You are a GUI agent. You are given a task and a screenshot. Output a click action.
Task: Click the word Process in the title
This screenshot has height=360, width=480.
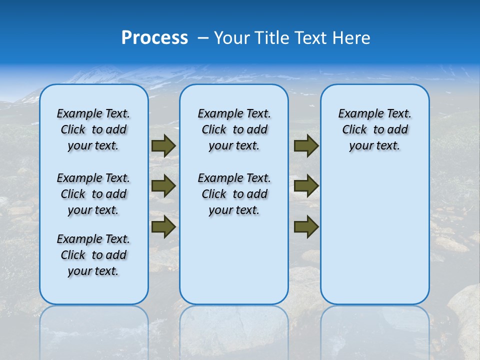tap(154, 38)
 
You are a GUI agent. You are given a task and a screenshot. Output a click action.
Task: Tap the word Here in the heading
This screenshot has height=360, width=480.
tap(351, 38)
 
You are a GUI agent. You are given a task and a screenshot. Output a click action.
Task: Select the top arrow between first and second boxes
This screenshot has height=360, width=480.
tap(163, 145)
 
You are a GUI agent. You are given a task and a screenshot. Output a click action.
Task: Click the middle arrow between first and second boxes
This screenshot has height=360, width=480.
tap(163, 186)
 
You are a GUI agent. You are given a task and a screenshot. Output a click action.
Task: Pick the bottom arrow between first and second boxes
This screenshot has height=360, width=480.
tap(163, 226)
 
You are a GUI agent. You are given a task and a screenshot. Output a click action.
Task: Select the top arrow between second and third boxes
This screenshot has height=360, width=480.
tap(306, 145)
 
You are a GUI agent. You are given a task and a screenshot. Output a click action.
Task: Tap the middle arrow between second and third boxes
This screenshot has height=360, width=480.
tap(306, 186)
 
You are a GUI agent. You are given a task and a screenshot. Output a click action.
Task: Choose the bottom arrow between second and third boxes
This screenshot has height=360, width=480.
tap(306, 226)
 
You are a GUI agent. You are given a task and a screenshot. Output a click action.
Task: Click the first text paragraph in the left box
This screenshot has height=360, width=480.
tap(93, 129)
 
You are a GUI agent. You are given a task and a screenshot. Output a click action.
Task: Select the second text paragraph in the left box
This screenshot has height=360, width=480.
tap(93, 194)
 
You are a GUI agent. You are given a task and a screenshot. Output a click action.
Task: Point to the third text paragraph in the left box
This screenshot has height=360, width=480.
tap(93, 255)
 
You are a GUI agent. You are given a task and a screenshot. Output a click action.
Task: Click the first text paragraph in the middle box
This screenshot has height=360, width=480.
tap(234, 129)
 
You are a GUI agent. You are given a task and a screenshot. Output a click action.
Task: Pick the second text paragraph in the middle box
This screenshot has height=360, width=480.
tap(234, 194)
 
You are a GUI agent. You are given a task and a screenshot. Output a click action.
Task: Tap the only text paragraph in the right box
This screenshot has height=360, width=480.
tap(374, 129)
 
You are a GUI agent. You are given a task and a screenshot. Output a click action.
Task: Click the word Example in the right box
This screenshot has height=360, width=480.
tap(356, 113)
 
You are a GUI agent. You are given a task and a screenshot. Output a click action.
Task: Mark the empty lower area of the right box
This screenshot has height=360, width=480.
tap(374, 235)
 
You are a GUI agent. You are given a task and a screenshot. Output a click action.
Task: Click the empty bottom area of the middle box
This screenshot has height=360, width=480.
tap(234, 265)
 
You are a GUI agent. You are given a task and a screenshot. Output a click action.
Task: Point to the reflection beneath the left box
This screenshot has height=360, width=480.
tap(94, 330)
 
